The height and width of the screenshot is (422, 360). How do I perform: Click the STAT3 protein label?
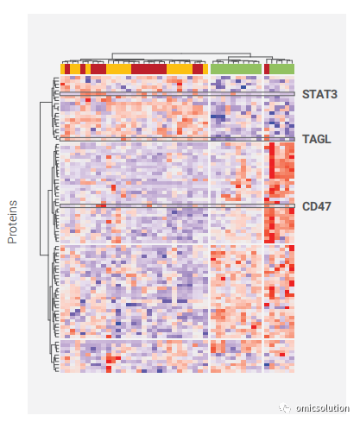click(319, 94)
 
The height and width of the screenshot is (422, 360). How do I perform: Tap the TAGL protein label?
click(317, 139)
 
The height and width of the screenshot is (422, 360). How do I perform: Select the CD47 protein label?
click(317, 206)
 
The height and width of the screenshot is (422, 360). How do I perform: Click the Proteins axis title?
click(12, 222)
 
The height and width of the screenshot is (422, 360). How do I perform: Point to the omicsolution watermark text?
click(323, 408)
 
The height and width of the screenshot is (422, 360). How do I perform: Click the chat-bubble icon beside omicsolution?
click(285, 408)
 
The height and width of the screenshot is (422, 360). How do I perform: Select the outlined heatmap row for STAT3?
click(177, 94)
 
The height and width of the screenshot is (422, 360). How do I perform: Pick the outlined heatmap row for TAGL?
click(177, 139)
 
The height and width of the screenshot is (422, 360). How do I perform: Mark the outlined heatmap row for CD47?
click(177, 206)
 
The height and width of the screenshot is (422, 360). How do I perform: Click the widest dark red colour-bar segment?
click(148, 69)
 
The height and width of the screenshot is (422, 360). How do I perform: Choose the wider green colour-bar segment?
click(236, 69)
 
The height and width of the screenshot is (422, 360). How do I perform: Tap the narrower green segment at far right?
click(281, 69)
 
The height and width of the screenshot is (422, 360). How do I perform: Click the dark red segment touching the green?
click(267, 69)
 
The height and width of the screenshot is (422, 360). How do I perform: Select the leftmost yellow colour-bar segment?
click(62, 69)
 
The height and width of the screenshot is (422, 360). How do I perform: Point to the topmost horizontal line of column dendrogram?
click(181, 54)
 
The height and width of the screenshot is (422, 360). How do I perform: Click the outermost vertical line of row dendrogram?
click(41, 179)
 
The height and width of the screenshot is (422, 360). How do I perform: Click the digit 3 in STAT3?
click(334, 94)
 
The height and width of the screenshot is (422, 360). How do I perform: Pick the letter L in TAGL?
click(328, 139)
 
